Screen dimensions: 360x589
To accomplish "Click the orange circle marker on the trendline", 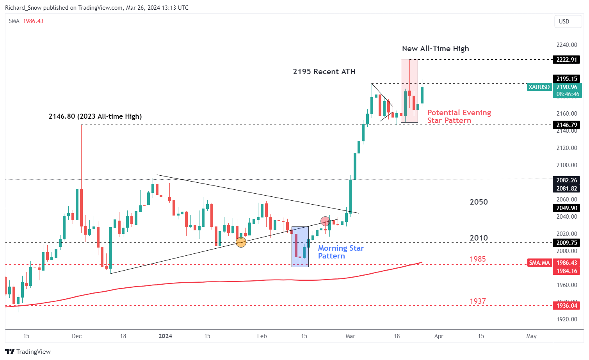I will (x=241, y=242).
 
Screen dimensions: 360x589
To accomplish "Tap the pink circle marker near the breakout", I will (x=325, y=221).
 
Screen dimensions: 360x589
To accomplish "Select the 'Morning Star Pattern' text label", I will (x=341, y=252).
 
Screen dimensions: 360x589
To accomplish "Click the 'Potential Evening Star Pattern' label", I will (x=459, y=116).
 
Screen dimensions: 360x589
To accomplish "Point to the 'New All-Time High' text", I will (x=435, y=48).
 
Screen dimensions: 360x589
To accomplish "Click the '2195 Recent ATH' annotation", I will (x=324, y=71).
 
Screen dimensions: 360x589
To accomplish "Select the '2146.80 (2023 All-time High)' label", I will (x=95, y=116).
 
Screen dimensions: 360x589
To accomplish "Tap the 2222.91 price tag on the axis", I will (x=566, y=60).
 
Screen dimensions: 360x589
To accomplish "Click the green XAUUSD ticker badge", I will (x=539, y=87).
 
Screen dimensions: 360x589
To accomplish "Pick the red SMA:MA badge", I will (x=539, y=263).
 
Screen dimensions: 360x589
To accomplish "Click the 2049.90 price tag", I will (x=566, y=208).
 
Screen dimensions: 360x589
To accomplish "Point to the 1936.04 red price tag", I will (x=566, y=306).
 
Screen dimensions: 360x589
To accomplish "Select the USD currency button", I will (x=564, y=21).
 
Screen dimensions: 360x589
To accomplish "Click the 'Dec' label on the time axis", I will (x=77, y=336).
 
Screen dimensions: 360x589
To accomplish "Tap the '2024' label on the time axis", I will (x=165, y=336).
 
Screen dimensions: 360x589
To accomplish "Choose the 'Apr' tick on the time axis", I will (x=439, y=336).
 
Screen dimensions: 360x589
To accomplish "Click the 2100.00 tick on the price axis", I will (x=566, y=165).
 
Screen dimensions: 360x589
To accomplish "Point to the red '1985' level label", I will (x=477, y=259).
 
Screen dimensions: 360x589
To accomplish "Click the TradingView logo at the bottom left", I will (x=28, y=351).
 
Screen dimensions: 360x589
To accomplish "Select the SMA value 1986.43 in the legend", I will (x=33, y=21).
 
